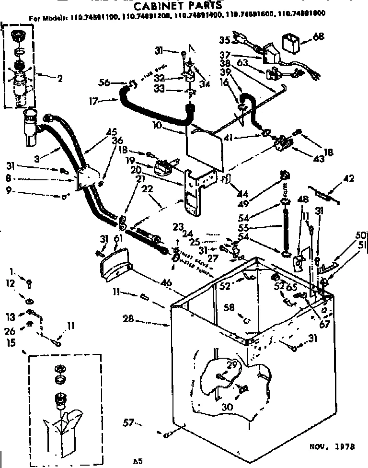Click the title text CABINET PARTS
point(177,6)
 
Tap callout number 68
point(318,36)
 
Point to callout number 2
point(59,79)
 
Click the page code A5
point(138,461)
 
